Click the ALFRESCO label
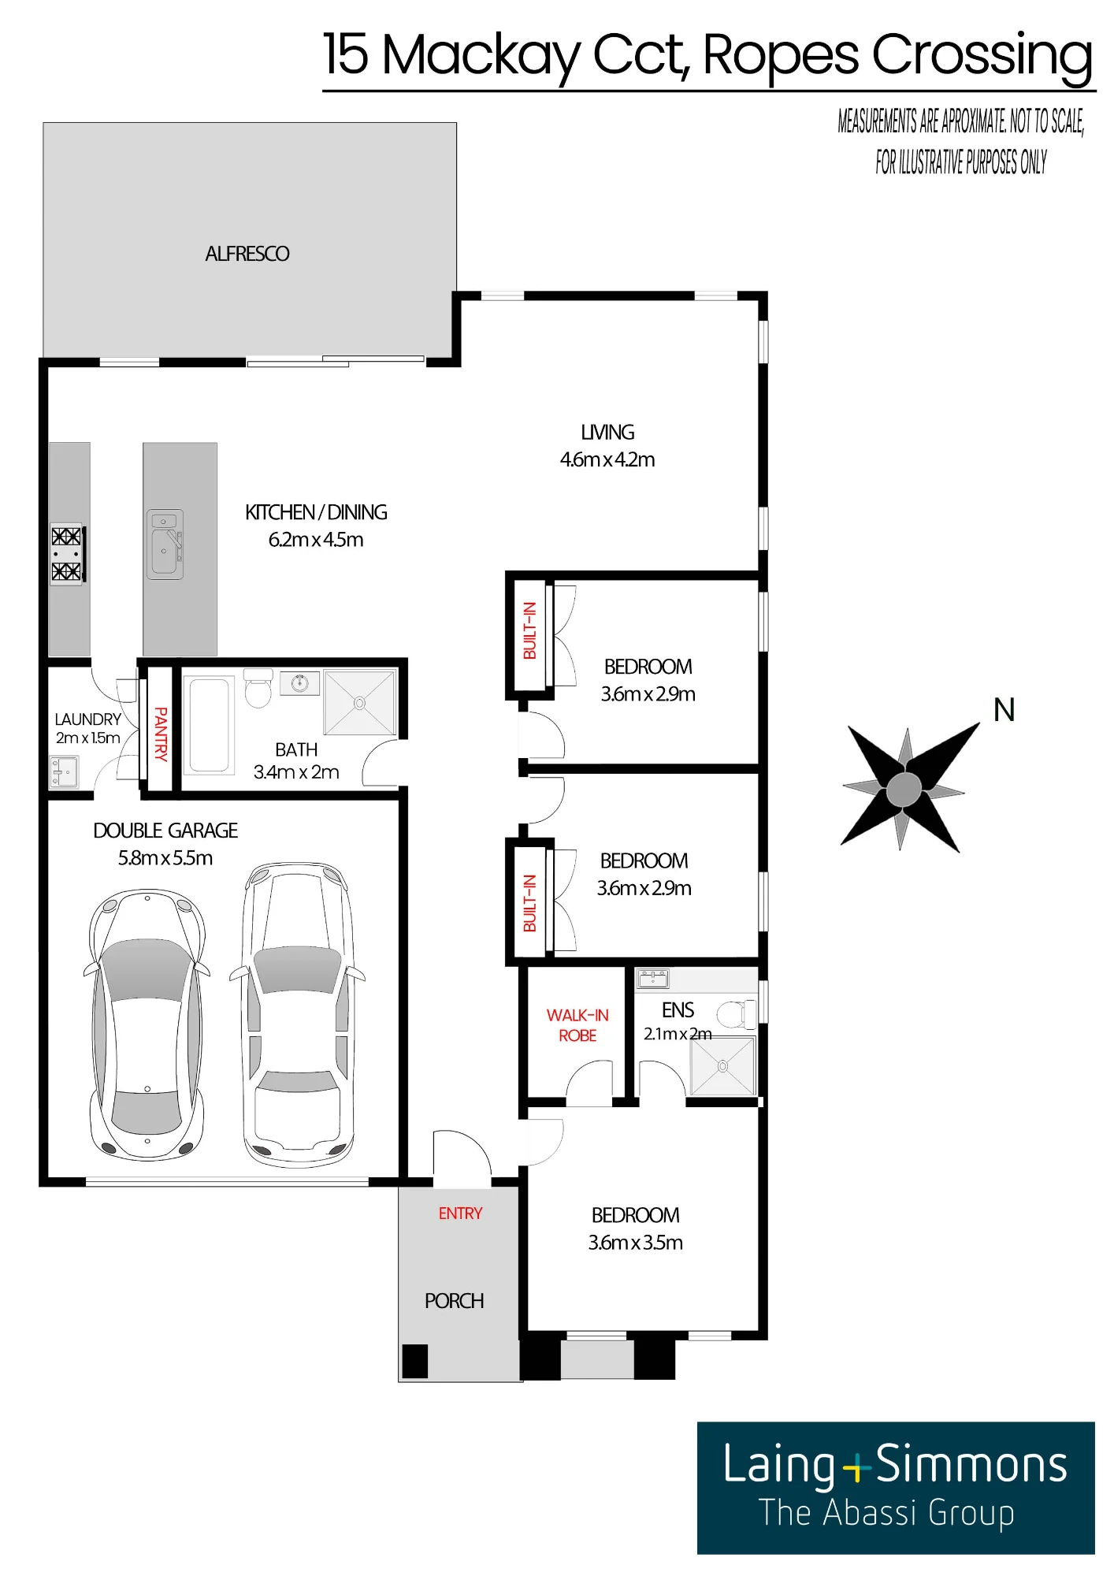pos(247,254)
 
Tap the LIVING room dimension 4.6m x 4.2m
pos(607,459)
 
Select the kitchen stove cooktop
pos(67,553)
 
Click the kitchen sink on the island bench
pos(165,545)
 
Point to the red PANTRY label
pos(161,734)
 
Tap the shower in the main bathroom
pos(360,702)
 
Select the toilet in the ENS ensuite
pos(737,1013)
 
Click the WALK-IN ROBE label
pos(577,1025)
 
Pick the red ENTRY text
pos(460,1214)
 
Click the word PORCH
pos(455,1301)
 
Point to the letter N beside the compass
pos(1004,710)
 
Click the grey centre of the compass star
pos(904,789)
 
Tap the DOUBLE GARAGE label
pos(165,831)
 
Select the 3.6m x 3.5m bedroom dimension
pos(636,1243)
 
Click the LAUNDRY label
pos(88,719)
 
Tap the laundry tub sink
pos(64,772)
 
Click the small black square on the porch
pos(415,1361)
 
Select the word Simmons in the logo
pos(971,1465)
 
